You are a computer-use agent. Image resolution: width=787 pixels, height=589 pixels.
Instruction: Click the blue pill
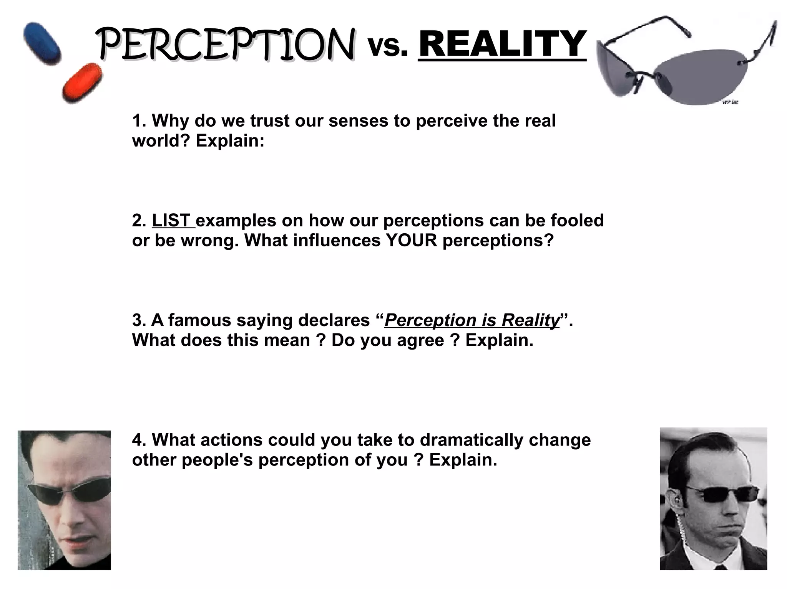42,43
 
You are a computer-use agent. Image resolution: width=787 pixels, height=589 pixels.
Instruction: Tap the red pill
82,83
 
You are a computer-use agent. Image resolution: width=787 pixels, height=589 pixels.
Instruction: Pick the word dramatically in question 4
472,440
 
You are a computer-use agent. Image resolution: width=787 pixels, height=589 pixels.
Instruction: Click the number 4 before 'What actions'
137,440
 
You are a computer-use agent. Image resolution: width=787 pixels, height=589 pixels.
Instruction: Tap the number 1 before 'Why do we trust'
136,121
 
